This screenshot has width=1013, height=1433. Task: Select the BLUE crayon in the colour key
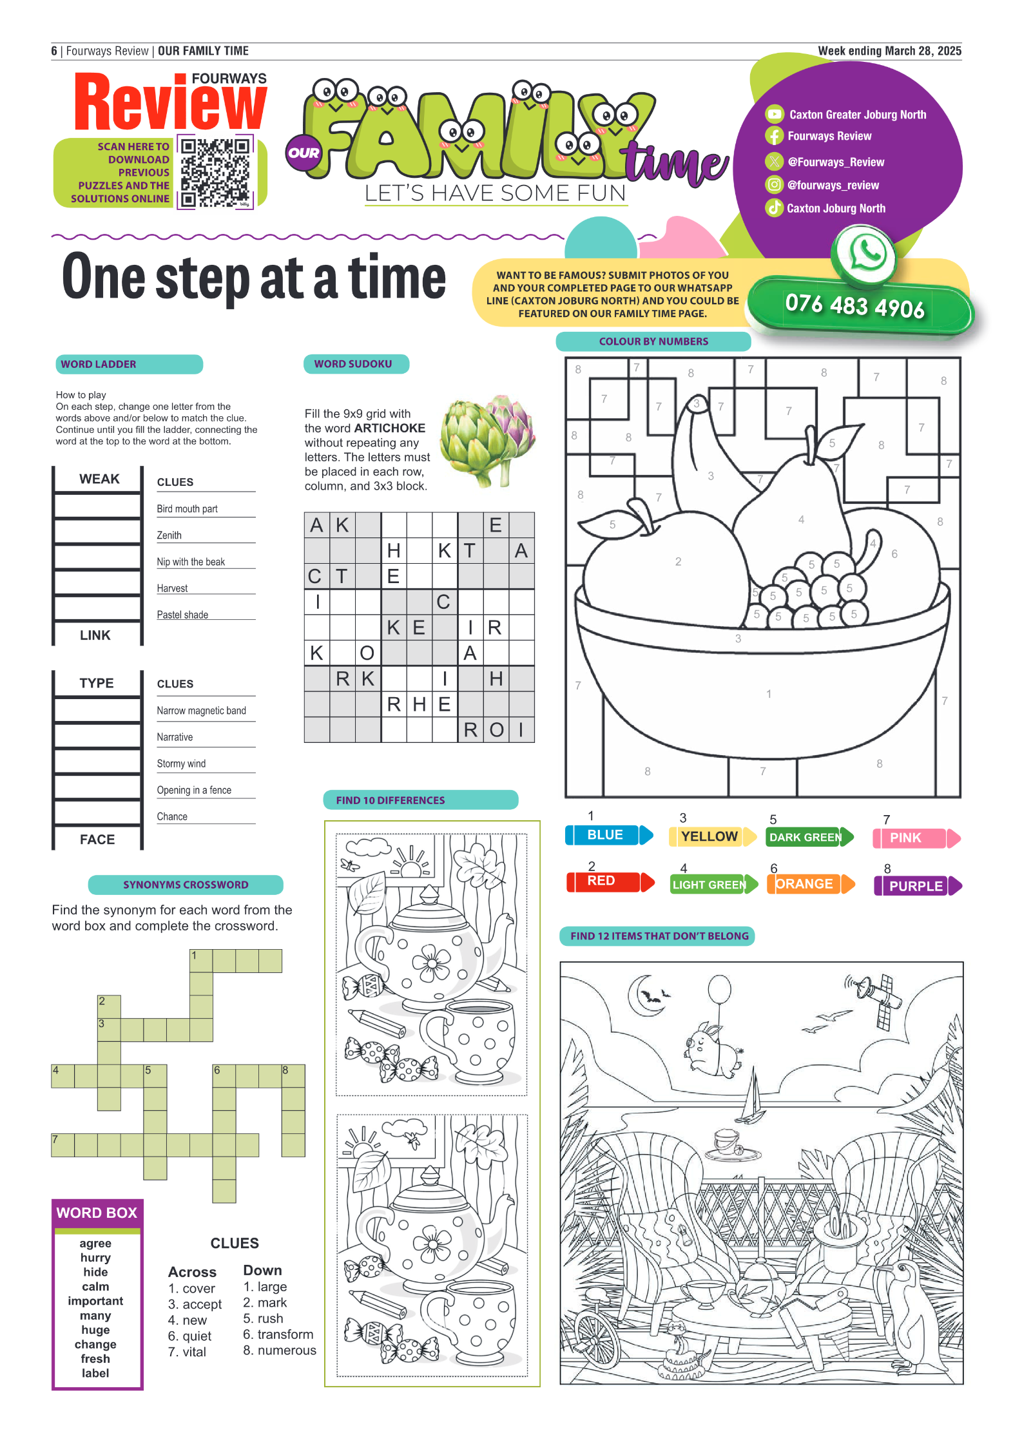tap(609, 835)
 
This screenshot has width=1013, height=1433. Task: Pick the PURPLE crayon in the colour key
tap(918, 886)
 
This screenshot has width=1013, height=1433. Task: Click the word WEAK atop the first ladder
tap(99, 479)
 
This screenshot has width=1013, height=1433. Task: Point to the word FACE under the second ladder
tap(97, 840)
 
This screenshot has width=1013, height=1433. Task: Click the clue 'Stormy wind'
tap(181, 764)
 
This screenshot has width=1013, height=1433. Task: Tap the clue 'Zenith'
tap(169, 535)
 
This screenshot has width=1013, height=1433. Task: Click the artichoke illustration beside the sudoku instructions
tap(488, 440)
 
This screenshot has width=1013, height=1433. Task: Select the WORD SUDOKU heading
tap(353, 364)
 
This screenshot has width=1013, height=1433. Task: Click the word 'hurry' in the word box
tap(95, 1258)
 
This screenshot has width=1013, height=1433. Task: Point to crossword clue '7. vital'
tap(187, 1352)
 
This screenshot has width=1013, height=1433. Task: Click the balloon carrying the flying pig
tap(719, 990)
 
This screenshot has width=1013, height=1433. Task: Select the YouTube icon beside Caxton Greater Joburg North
tap(774, 114)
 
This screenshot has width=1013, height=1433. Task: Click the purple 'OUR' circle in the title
tap(304, 153)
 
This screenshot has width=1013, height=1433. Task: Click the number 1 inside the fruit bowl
tap(768, 694)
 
